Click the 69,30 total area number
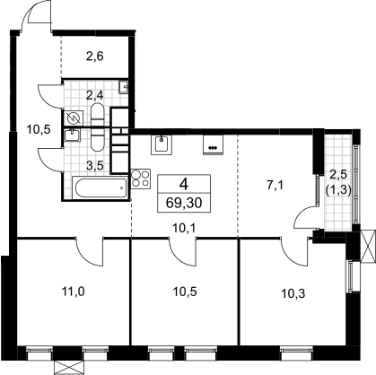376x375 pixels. pyautogui.click(x=184, y=203)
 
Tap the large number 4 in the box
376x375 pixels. pyautogui.click(x=184, y=185)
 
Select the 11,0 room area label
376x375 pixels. pyautogui.click(x=73, y=292)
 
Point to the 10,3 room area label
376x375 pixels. pyautogui.click(x=293, y=294)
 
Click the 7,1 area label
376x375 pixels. pyautogui.click(x=275, y=186)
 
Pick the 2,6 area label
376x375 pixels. pyautogui.click(x=95, y=57)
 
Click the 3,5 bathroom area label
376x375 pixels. pyautogui.click(x=95, y=166)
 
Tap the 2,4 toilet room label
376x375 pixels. pyautogui.click(x=95, y=96)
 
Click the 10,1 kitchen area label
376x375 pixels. pyautogui.click(x=184, y=229)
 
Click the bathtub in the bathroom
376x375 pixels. pyautogui.click(x=100, y=187)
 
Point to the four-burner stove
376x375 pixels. pyautogui.click(x=141, y=179)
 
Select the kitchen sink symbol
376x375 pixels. pyautogui.click(x=162, y=145)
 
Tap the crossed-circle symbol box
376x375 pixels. pyautogui.click(x=73, y=118)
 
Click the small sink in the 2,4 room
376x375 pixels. pyautogui.click(x=124, y=87)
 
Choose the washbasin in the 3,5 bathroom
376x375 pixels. pyautogui.click(x=72, y=135)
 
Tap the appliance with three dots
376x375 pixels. pyautogui.click(x=213, y=145)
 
